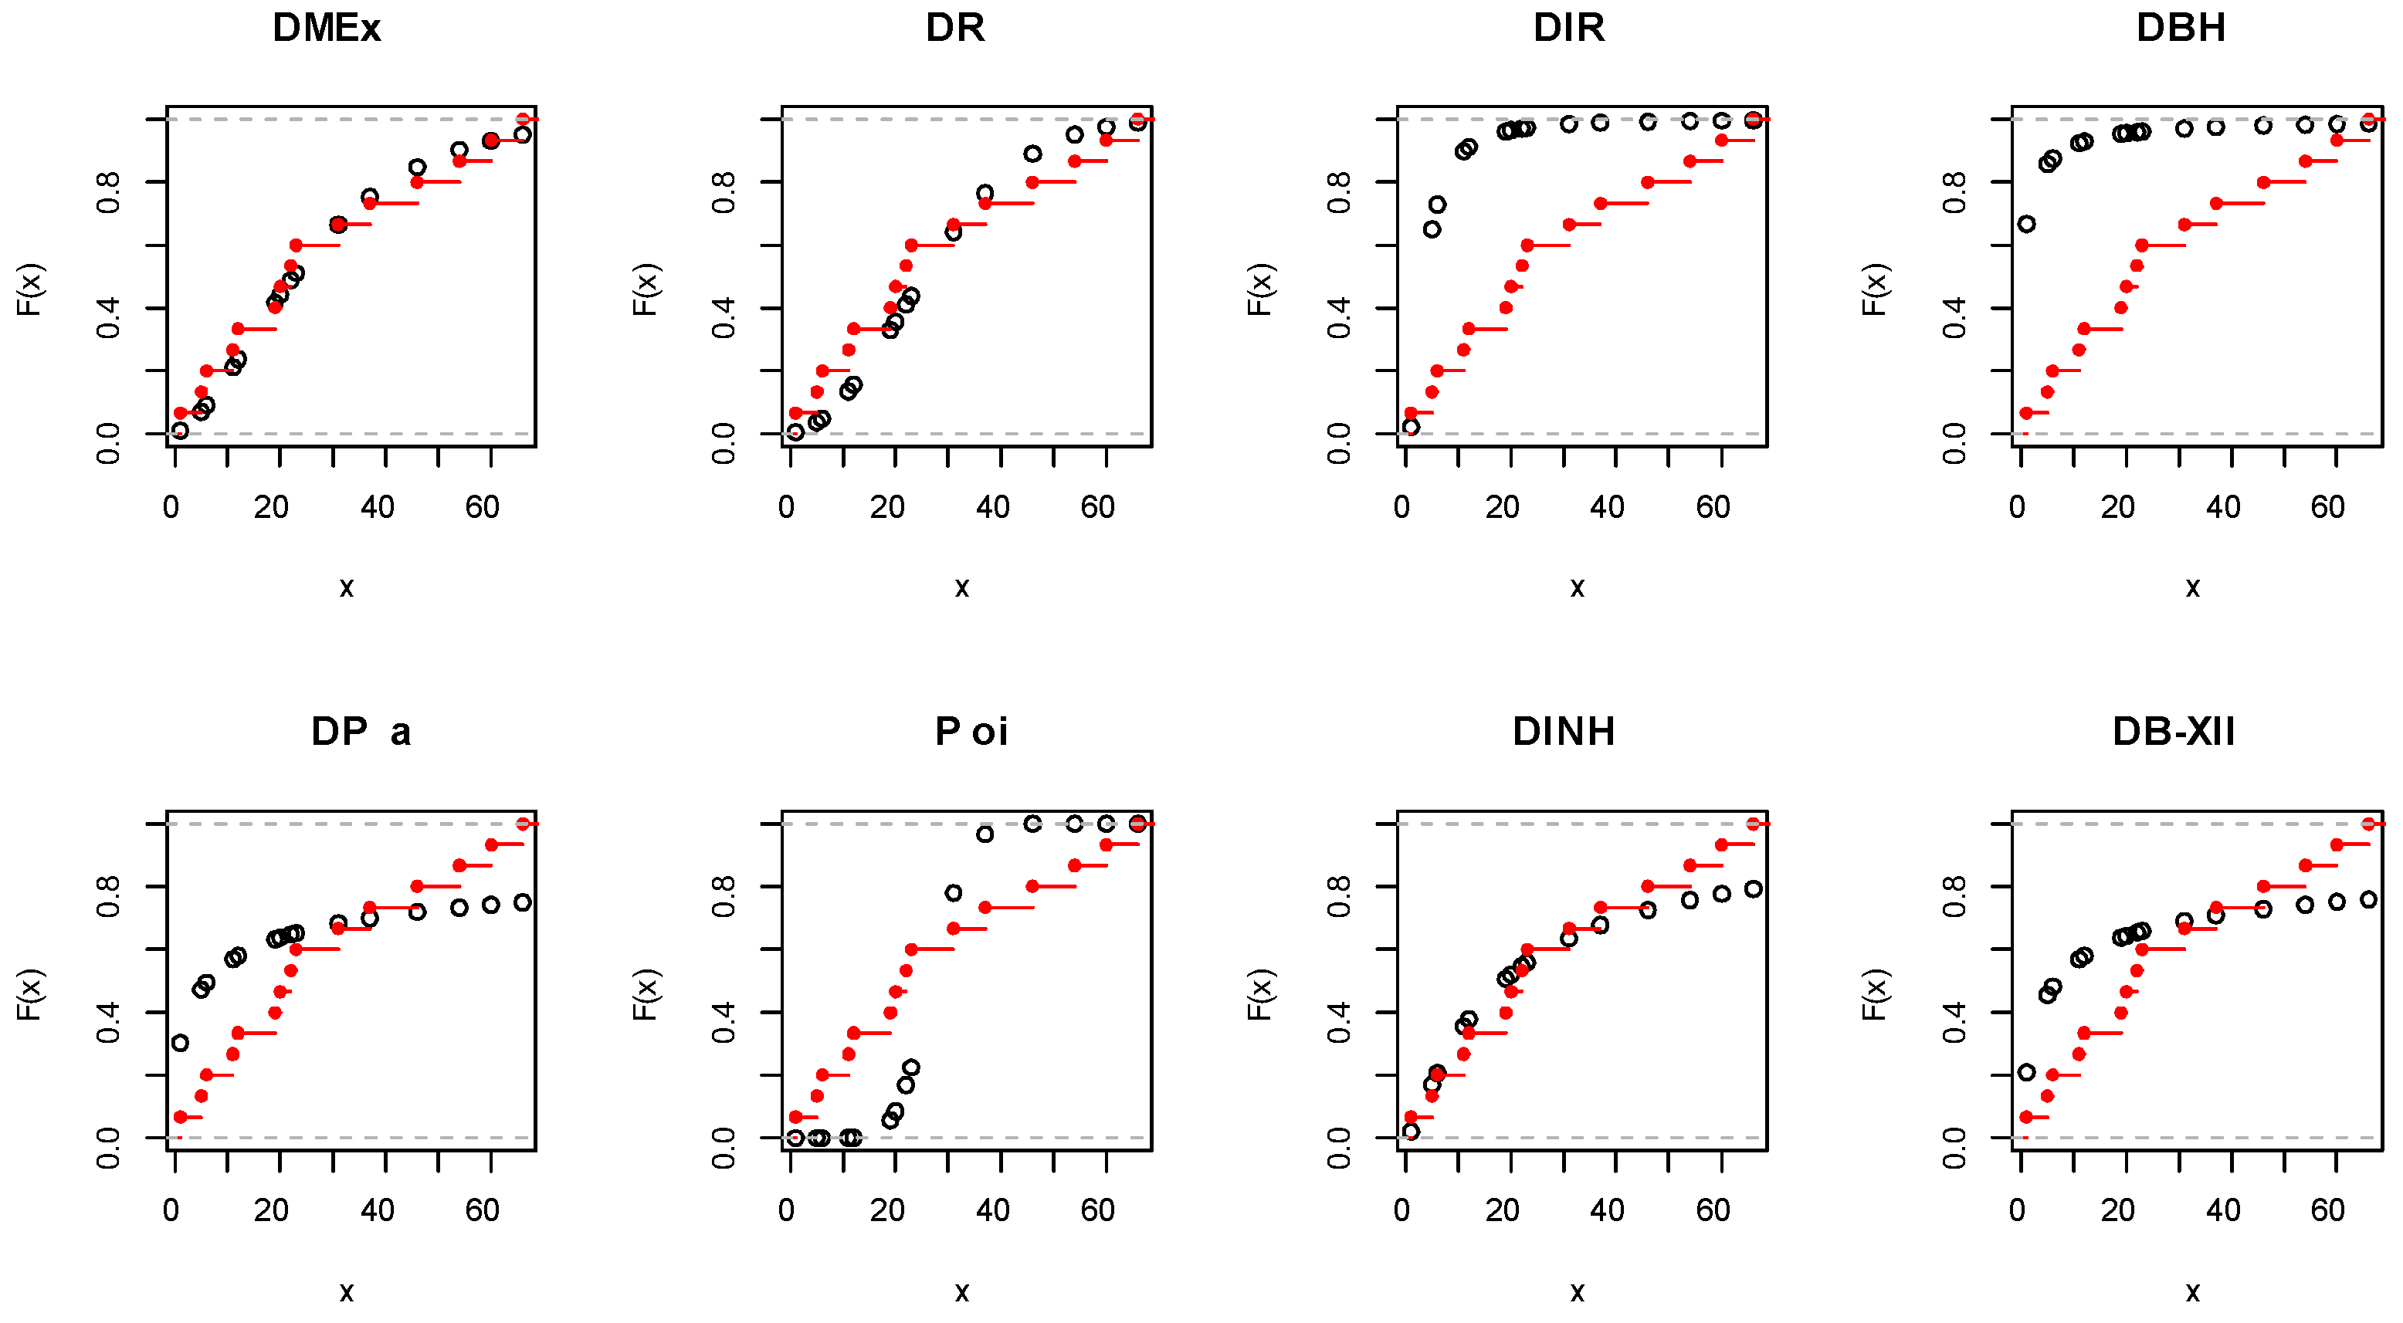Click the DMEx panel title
coord(327,28)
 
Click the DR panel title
coord(954,28)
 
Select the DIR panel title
coord(1569,28)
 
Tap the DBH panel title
coord(2180,28)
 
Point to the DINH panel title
coord(1564,732)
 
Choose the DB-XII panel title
coord(2174,732)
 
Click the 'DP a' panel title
coord(361,732)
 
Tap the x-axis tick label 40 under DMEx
coord(377,507)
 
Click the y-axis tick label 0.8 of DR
coord(724,192)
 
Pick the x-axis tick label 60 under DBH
coord(2327,507)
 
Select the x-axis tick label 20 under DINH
coord(1502,1210)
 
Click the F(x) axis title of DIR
coord(1259,289)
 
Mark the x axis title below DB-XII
coord(2192,1291)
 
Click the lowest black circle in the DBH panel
coord(2026,224)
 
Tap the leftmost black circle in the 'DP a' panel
coord(180,1042)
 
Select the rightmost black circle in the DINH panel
coord(1754,888)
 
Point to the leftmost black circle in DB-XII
coord(2026,1072)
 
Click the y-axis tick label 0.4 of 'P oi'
coord(724,1023)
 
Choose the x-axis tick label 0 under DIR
coord(1401,507)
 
